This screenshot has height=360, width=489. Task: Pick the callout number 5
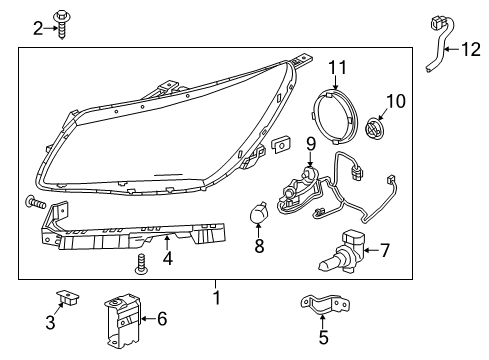pyautogui.click(x=322, y=338)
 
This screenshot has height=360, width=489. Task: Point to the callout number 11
pyautogui.click(x=338, y=67)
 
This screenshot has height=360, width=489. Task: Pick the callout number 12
pyautogui.click(x=469, y=48)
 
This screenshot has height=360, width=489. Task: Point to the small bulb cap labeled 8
pyautogui.click(x=257, y=213)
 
